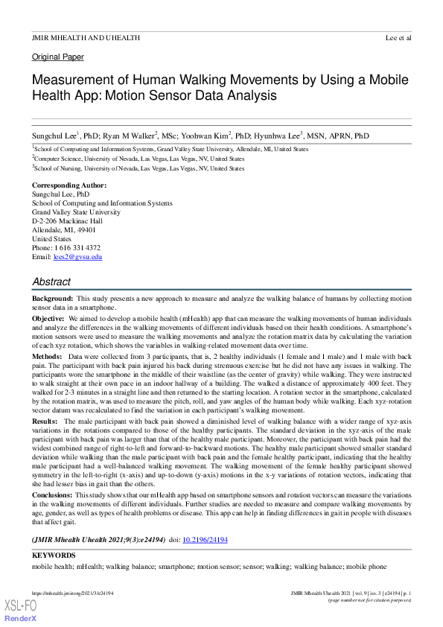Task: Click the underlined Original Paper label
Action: (58, 57)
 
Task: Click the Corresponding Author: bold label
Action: (69, 185)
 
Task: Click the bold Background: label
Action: (52, 298)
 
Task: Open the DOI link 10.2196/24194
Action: (205, 539)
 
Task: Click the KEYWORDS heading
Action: (54, 556)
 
